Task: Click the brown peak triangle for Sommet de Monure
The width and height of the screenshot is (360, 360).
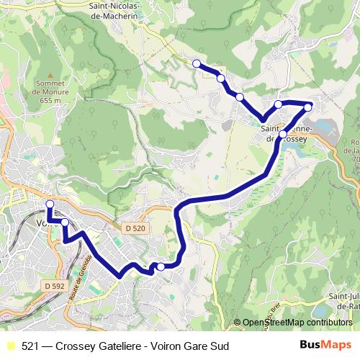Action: pyautogui.click(x=50, y=75)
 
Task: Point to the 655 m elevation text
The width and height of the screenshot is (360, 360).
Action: pyautogui.click(x=51, y=100)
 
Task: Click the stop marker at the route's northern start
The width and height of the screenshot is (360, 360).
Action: pyautogui.click(x=197, y=63)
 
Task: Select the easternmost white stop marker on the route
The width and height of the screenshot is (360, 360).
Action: pyautogui.click(x=308, y=107)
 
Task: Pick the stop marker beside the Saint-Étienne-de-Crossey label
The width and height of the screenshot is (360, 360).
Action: pyautogui.click(x=283, y=135)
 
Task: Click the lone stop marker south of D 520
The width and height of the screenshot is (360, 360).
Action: pyautogui.click(x=161, y=267)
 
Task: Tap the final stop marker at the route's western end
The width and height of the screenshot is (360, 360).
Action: pyautogui.click(x=50, y=204)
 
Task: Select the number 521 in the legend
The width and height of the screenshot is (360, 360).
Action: pyautogui.click(x=30, y=346)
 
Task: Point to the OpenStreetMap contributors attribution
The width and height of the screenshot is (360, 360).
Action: pyautogui.click(x=298, y=323)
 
